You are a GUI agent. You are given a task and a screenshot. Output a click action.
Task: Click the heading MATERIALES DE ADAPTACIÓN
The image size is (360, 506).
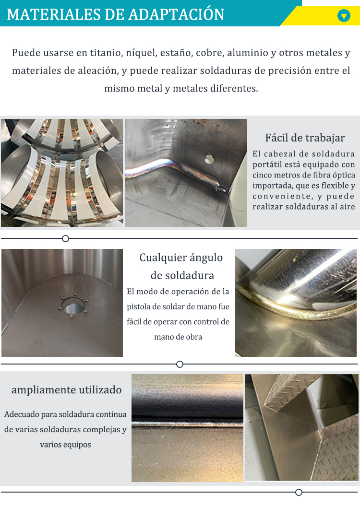[115, 14]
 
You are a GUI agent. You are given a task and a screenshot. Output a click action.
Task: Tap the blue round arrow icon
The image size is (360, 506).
[344, 16]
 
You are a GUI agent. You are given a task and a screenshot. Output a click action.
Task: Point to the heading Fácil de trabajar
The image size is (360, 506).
[305, 138]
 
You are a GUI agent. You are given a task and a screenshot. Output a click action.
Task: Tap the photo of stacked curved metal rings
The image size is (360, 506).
[62, 173]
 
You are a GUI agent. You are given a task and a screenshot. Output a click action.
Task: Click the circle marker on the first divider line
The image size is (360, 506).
[66, 238]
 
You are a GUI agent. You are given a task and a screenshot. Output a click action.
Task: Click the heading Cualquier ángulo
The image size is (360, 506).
[181, 258]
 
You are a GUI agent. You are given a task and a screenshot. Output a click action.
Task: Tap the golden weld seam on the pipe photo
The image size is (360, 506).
[288, 307]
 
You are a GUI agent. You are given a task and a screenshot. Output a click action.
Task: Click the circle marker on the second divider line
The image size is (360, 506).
[180, 364]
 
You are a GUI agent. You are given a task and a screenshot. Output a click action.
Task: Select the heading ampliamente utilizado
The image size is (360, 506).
[66, 390]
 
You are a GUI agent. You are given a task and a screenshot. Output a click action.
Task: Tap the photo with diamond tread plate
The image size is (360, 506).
[301, 427]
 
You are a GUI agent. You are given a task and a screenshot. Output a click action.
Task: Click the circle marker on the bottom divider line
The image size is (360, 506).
[299, 492]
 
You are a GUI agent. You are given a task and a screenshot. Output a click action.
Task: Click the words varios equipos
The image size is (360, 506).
[65, 445]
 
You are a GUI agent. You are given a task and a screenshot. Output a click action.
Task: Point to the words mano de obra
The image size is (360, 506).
[178, 337]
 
